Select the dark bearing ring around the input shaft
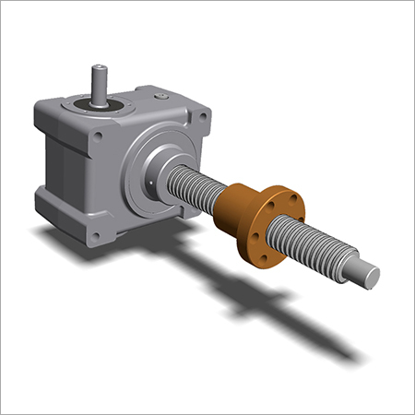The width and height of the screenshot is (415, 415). click(x=97, y=104)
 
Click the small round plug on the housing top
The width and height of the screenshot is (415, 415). click(x=162, y=94)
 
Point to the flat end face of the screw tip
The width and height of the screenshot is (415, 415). click(x=373, y=277)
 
